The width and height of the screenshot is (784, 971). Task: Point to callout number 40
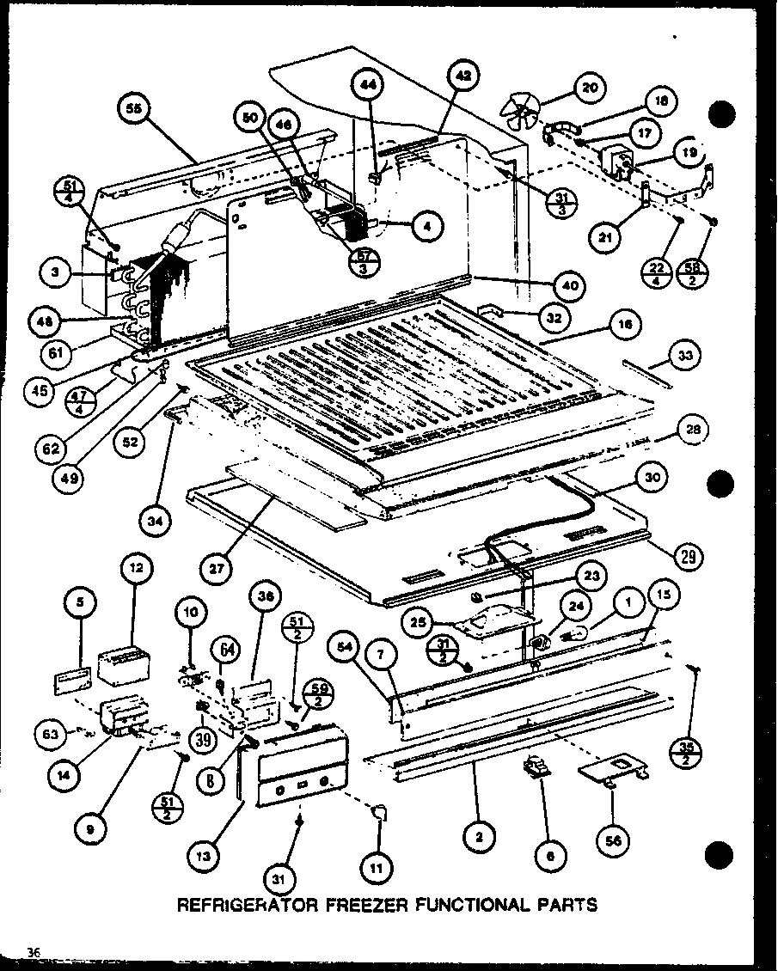click(x=570, y=284)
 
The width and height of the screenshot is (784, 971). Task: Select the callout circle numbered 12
click(x=138, y=567)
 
